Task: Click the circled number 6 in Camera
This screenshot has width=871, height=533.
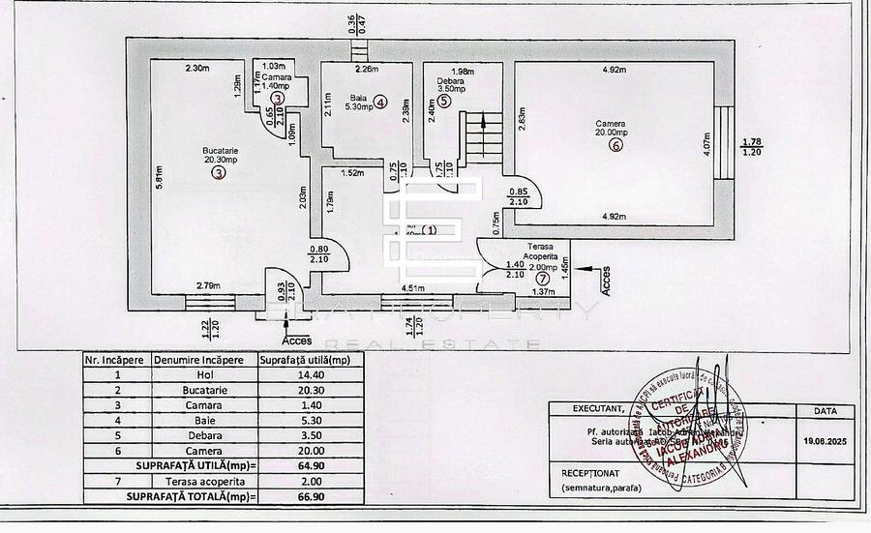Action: click(615, 147)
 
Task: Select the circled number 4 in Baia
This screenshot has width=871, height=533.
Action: click(381, 102)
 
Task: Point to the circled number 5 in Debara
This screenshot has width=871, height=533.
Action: click(443, 101)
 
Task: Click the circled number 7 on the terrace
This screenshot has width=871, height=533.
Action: click(541, 279)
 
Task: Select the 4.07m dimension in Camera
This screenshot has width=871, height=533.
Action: click(706, 145)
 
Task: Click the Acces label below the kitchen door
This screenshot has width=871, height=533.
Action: click(296, 341)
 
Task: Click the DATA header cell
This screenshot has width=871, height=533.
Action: click(826, 410)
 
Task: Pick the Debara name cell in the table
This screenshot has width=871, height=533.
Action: click(197, 435)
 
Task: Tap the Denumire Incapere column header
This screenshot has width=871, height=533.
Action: click(198, 359)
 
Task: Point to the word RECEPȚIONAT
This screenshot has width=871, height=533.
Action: click(589, 473)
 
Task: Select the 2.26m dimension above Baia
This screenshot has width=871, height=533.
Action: click(365, 70)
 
